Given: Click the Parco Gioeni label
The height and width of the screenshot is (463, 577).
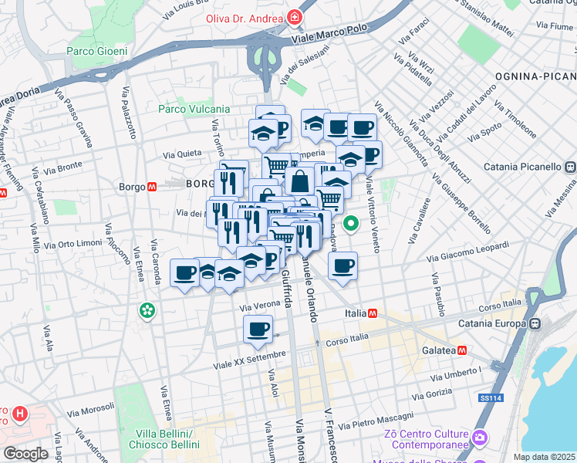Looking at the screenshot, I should (x=96, y=52).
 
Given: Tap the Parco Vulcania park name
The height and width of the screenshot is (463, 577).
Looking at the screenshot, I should (x=194, y=109).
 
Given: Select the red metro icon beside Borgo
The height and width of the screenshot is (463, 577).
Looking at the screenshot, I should (x=153, y=186).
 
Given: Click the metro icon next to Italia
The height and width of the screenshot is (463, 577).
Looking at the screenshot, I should (x=373, y=313).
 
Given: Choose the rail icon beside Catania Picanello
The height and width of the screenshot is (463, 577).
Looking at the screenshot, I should (x=570, y=166).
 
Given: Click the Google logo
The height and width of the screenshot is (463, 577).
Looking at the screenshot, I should (x=25, y=453).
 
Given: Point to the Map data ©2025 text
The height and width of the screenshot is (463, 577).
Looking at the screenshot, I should (x=545, y=457).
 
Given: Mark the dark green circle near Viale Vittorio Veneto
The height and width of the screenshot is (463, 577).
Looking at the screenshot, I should (x=351, y=225).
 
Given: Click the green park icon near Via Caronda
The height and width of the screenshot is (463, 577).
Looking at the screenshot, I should (x=147, y=311).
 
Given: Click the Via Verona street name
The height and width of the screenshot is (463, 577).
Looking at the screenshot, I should (x=260, y=304).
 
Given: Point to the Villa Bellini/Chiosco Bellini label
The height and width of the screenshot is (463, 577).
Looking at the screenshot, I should (x=163, y=439).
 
